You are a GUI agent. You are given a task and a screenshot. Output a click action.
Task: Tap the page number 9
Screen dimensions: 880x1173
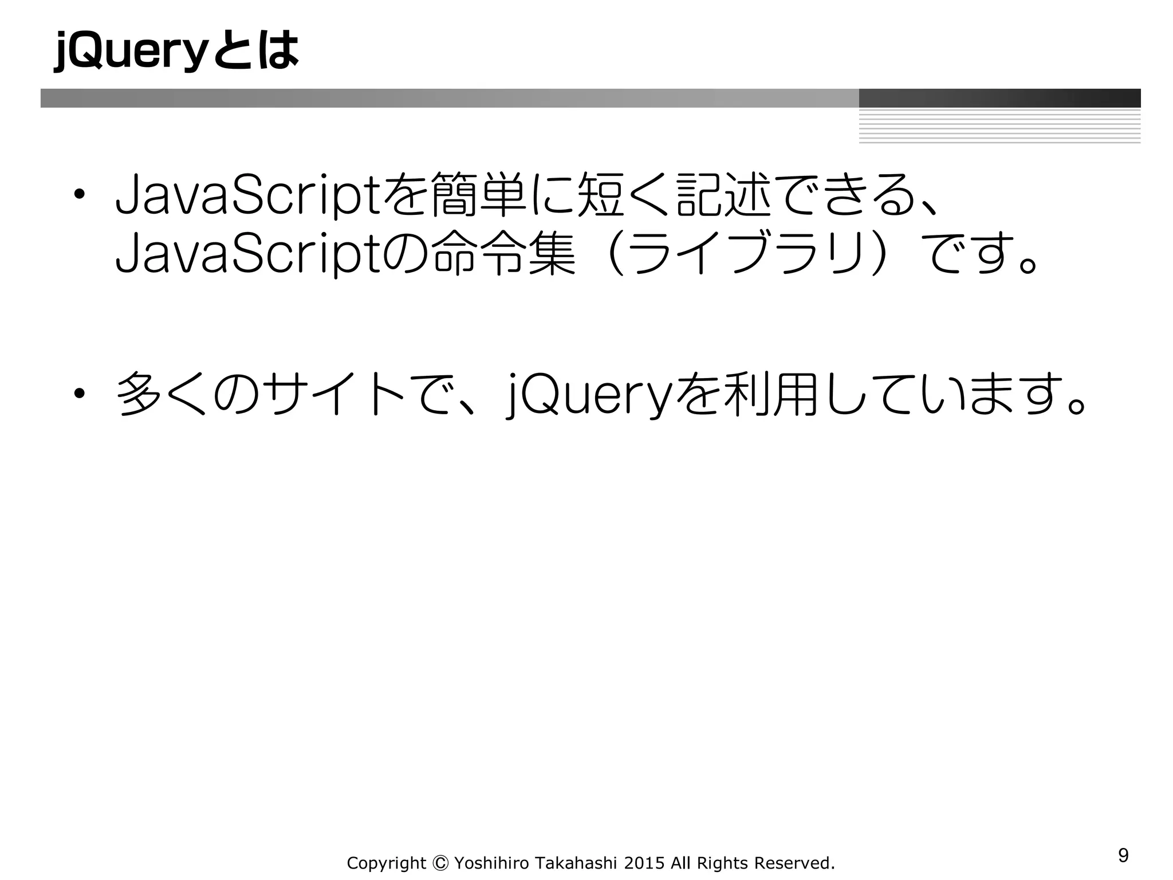[x=1123, y=855]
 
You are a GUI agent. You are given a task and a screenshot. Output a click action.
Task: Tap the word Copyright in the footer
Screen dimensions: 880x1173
[x=387, y=863]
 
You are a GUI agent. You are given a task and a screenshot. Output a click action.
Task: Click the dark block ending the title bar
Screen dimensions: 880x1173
[x=999, y=98]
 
